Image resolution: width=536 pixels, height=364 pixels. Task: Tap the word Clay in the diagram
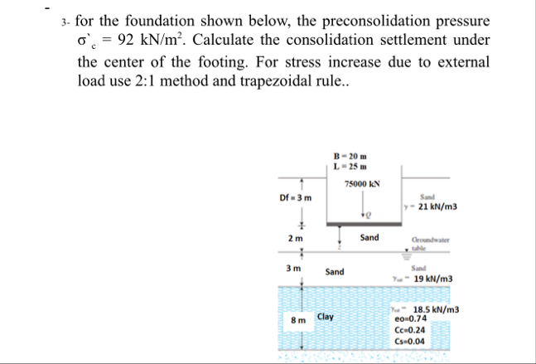pos(326,317)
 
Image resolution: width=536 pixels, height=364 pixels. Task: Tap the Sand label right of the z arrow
pos(369,238)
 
